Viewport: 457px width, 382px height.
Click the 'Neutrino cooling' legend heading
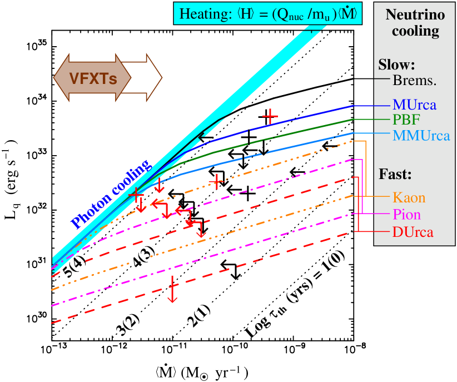click(415, 23)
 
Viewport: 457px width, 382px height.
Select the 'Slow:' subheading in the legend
click(397, 63)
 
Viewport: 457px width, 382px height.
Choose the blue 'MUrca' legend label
click(414, 105)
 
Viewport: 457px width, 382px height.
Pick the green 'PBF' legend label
click(406, 120)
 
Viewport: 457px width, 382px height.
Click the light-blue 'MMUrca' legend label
click(421, 135)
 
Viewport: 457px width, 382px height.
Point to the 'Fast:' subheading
click(395, 174)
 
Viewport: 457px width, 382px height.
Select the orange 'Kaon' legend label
click(409, 197)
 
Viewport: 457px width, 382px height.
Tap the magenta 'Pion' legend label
click(406, 215)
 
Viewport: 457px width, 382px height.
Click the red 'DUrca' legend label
click(412, 232)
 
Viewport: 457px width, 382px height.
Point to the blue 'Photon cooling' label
click(110, 194)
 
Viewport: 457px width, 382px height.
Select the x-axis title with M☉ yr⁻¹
click(205, 371)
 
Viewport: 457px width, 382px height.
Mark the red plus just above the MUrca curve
click(270, 116)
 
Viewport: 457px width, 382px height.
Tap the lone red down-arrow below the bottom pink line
click(172, 289)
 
